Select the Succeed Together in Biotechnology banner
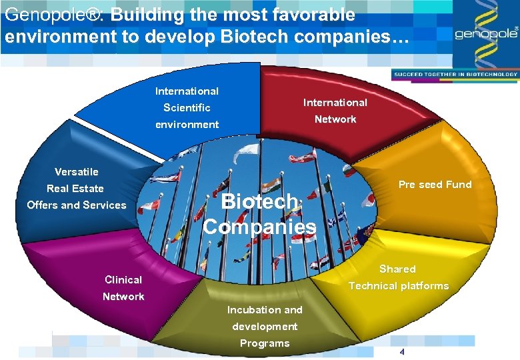[x=455, y=74]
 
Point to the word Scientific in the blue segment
[x=187, y=108]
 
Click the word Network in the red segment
[x=335, y=119]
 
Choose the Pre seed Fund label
[x=435, y=185]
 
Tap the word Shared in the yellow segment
[x=397, y=269]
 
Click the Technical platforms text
[x=399, y=286]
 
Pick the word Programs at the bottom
[x=265, y=343]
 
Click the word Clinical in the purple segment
[x=123, y=280]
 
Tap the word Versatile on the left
[x=76, y=172]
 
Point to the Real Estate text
[x=75, y=189]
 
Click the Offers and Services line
[x=76, y=205]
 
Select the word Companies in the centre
[x=259, y=227]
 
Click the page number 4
[x=402, y=352]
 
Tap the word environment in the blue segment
[x=187, y=125]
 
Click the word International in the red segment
[x=335, y=103]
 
